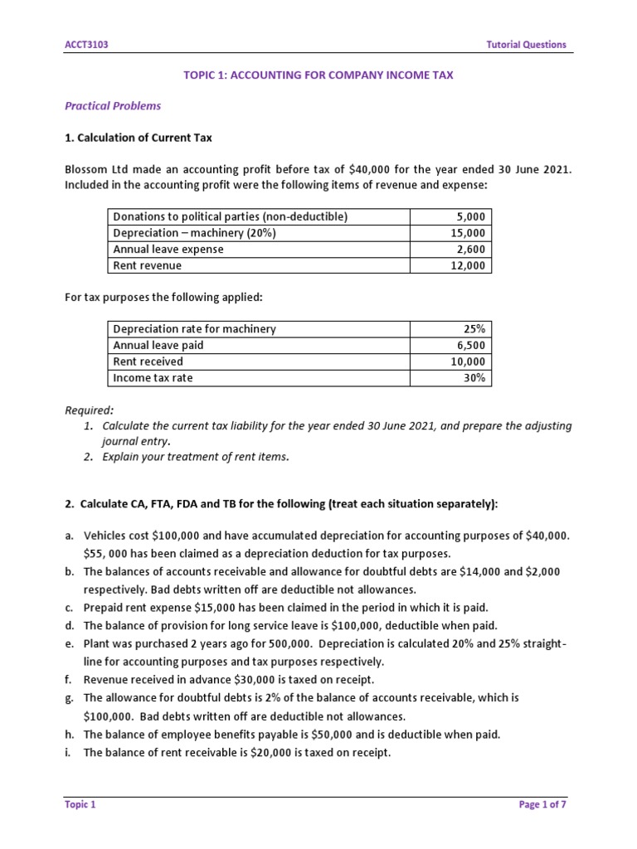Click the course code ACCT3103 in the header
point(85,45)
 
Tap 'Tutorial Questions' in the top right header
point(527,45)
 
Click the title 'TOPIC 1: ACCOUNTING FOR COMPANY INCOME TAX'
point(318,75)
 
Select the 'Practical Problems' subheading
point(113,106)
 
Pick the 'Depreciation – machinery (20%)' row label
point(194,233)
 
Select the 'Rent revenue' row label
point(147,266)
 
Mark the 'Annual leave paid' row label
point(158,346)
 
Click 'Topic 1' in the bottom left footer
point(80,804)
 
